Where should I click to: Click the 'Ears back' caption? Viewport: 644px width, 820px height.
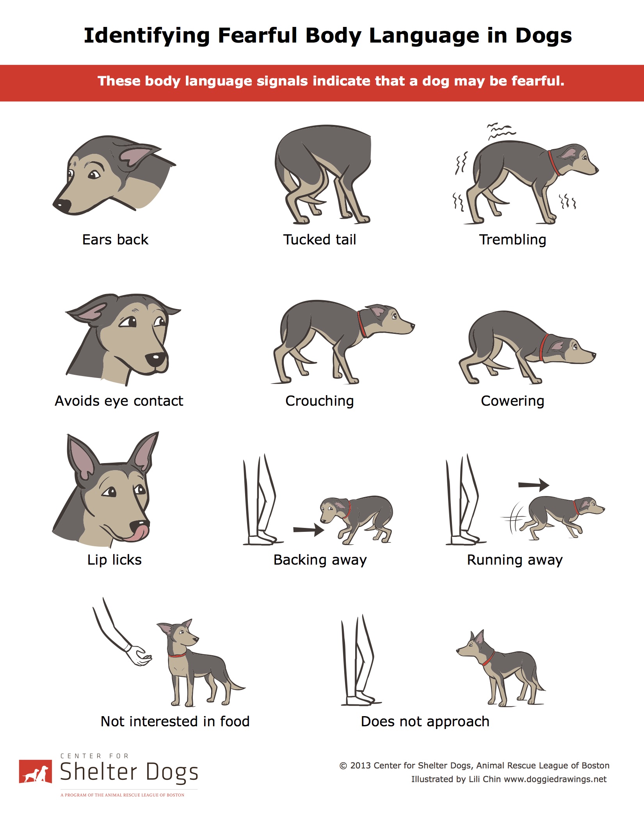(115, 239)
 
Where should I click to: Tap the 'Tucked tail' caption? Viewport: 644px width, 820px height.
(320, 239)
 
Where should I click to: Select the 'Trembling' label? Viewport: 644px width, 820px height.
(512, 240)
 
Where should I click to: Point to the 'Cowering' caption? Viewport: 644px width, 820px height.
(512, 401)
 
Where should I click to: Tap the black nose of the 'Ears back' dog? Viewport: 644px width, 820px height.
(62, 205)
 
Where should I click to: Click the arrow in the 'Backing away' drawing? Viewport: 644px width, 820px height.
(309, 530)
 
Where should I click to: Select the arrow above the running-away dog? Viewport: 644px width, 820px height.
(534, 485)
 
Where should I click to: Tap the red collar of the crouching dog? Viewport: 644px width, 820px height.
(362, 324)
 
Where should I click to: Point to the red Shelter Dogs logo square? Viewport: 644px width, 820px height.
(36, 771)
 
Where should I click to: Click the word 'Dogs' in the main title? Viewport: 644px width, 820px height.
(543, 36)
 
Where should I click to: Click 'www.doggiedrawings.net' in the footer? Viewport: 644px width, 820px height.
(555, 779)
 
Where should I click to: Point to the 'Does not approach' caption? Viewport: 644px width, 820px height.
(425, 722)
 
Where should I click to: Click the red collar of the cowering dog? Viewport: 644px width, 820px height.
(543, 347)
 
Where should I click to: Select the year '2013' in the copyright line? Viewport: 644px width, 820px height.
(360, 765)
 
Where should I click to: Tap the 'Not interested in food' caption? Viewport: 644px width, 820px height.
(175, 721)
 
